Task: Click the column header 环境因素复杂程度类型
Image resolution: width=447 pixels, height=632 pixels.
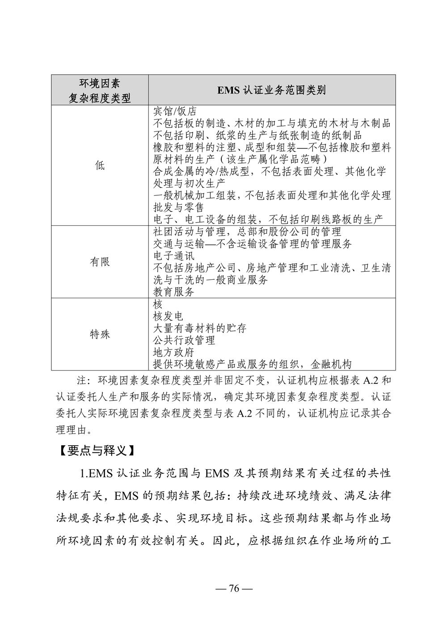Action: click(x=99, y=90)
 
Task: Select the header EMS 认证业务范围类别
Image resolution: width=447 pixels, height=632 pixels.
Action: click(x=271, y=90)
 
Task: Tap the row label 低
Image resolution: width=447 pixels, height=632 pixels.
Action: click(x=99, y=165)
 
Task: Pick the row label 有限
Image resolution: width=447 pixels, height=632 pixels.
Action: click(x=99, y=262)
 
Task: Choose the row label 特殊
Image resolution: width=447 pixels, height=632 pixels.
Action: click(x=99, y=334)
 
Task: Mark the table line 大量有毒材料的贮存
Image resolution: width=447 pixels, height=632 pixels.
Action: click(x=199, y=329)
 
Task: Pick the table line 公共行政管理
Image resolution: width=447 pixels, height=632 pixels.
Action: click(x=184, y=340)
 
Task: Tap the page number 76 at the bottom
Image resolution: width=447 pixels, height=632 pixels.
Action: click(x=234, y=588)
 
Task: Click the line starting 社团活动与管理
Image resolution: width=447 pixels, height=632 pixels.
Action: click(x=247, y=232)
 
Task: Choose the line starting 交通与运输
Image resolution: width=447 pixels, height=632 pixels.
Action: click(x=252, y=244)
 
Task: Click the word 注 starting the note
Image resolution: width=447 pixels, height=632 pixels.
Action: click(x=81, y=381)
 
